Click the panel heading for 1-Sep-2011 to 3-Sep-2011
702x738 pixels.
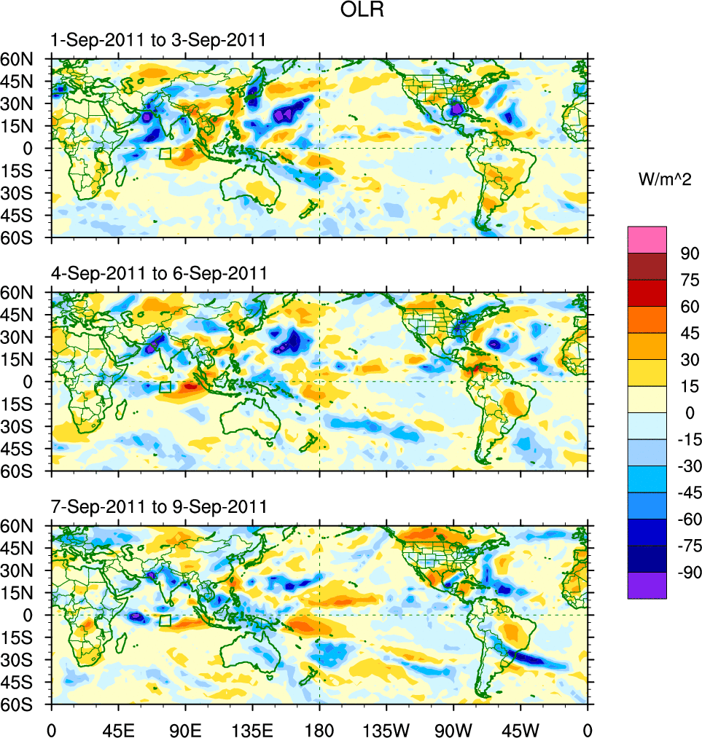tap(157, 40)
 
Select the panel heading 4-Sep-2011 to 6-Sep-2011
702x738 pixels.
tap(157, 273)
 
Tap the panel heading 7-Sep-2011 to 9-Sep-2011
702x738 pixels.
tap(157, 506)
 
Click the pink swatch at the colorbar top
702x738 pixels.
tap(647, 240)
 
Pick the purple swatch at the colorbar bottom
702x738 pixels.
tap(647, 585)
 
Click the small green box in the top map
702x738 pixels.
tap(165, 154)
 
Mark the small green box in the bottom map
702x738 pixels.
tap(165, 621)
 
